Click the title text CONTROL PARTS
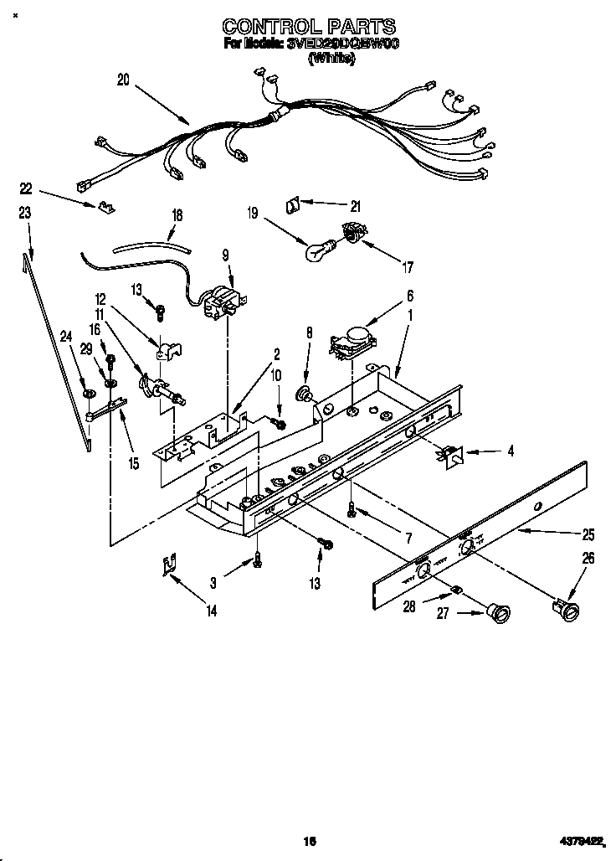point(309,28)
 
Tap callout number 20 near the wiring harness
point(123,80)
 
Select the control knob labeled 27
point(501,615)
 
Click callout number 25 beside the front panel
point(588,534)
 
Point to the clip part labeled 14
point(171,565)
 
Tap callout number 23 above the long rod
point(25,214)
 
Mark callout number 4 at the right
point(510,451)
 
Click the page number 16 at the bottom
point(308,841)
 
